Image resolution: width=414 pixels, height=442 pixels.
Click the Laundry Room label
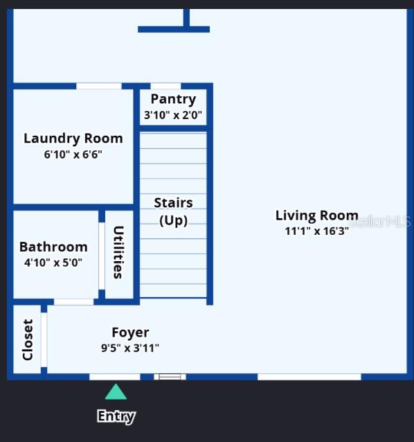(73, 138)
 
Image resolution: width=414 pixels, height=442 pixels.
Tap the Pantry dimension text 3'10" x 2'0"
(173, 115)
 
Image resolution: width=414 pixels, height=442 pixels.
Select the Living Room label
(316, 215)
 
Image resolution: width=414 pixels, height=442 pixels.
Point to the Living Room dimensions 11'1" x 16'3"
(316, 231)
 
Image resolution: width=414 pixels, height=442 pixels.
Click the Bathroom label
(53, 247)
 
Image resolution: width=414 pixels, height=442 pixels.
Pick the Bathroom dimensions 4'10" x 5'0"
(53, 263)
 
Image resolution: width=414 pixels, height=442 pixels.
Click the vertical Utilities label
(118, 252)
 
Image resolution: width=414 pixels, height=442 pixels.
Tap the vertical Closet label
(28, 339)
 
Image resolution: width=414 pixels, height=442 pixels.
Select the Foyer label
(130, 333)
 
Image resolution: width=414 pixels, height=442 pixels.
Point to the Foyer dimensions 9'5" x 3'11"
(130, 348)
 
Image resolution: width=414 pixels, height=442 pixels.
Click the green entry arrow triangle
(116, 393)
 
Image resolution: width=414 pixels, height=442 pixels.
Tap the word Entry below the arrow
(116, 416)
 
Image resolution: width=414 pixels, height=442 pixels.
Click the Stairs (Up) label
(173, 211)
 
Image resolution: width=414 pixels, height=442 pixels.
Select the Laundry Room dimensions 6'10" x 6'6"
(73, 154)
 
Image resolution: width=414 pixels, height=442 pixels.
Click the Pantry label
(173, 99)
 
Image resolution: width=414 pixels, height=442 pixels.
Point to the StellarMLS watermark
(380, 222)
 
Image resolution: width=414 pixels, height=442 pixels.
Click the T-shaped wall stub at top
(174, 28)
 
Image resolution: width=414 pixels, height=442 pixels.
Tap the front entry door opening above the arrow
(114, 377)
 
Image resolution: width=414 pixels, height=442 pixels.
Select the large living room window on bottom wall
(309, 377)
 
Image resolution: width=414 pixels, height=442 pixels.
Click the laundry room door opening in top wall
(98, 86)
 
